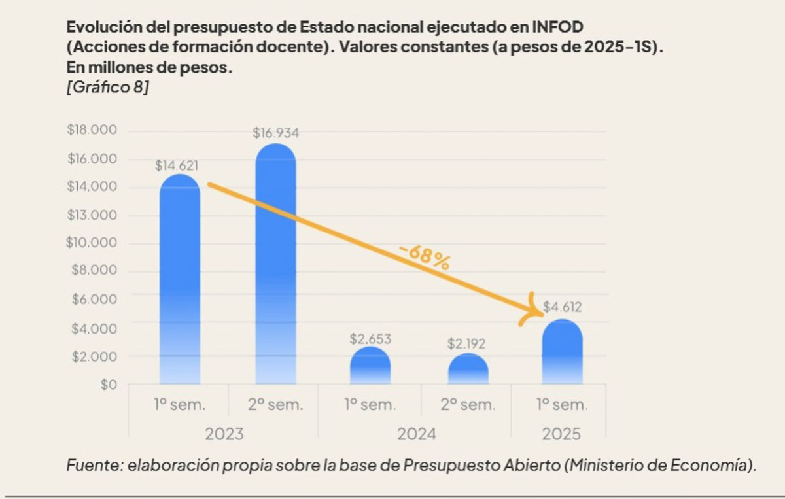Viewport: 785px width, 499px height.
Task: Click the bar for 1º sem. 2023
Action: click(x=180, y=281)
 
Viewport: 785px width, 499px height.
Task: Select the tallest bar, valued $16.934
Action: click(x=275, y=265)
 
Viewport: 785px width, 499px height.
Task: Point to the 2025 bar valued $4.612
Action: click(x=563, y=353)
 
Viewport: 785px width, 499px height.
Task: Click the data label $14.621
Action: click(x=177, y=166)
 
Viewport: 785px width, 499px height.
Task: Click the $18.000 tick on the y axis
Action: click(x=92, y=130)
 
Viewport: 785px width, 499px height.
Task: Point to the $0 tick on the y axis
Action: click(x=105, y=385)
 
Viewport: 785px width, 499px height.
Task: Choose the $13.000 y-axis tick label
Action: click(x=92, y=215)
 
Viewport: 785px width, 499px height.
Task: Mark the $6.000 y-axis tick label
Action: click(x=94, y=300)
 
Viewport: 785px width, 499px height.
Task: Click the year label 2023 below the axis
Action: click(x=224, y=434)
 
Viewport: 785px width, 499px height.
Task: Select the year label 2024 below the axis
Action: click(x=415, y=434)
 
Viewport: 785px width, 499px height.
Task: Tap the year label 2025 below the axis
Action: click(x=560, y=434)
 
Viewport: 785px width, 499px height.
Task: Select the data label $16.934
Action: click(x=275, y=133)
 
